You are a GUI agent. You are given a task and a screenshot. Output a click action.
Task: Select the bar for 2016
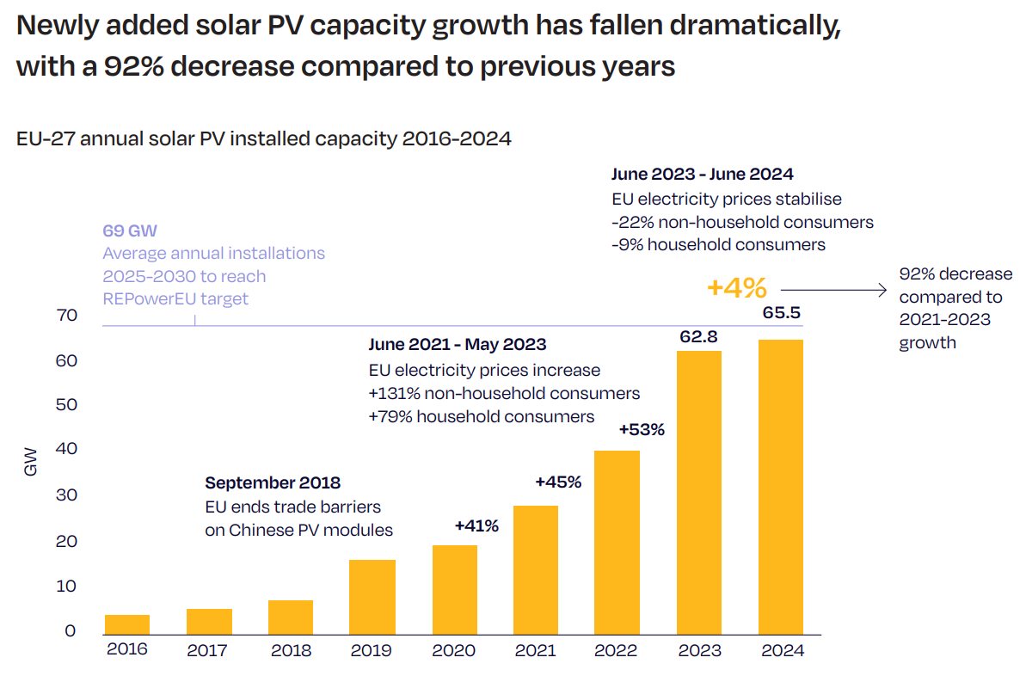(127, 624)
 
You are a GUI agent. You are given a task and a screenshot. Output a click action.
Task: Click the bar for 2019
(372, 597)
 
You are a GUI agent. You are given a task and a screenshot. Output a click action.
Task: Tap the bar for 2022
(617, 542)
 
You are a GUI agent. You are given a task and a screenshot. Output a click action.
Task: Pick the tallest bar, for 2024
(780, 487)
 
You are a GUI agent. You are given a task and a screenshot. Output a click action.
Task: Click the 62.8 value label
(698, 337)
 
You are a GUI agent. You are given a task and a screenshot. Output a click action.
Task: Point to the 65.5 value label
(781, 313)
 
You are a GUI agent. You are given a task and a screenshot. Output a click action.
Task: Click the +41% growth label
(476, 525)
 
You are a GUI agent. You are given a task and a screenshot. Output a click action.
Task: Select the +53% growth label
(642, 429)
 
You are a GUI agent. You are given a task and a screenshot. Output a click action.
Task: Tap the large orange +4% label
(736, 288)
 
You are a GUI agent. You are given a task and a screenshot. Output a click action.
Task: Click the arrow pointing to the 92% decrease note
(832, 291)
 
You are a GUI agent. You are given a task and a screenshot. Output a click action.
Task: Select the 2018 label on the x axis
(291, 650)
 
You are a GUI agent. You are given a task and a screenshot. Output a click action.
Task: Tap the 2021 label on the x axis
(535, 650)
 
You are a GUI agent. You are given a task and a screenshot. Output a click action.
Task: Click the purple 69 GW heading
(130, 231)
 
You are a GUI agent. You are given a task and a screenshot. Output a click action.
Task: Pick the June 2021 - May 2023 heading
(458, 345)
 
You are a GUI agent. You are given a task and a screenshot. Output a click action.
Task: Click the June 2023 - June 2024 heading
(702, 175)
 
